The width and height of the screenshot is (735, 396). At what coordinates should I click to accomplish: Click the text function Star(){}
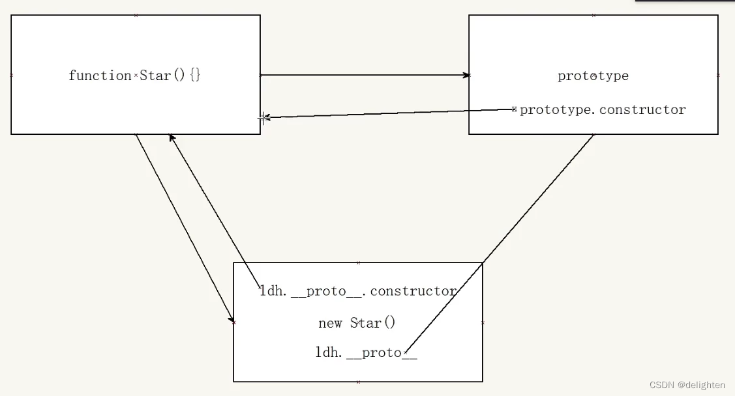click(134, 76)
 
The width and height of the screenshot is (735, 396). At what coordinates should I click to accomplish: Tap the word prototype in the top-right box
click(593, 76)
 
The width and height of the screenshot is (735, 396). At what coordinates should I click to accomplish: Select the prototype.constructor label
click(603, 109)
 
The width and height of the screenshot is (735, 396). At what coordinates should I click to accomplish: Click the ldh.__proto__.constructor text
click(358, 291)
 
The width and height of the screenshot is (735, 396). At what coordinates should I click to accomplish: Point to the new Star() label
click(357, 322)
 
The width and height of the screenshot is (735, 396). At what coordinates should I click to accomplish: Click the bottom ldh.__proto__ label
click(366, 352)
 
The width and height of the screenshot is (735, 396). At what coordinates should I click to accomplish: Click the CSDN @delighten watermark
click(687, 385)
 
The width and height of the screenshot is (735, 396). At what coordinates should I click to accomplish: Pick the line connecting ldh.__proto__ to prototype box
click(499, 244)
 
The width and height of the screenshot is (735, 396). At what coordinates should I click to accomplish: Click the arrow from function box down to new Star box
click(185, 228)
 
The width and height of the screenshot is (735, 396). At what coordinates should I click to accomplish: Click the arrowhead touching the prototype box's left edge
click(466, 75)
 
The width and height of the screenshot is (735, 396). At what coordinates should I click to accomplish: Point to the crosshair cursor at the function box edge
click(263, 118)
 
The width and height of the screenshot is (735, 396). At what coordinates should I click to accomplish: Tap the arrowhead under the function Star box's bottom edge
click(172, 137)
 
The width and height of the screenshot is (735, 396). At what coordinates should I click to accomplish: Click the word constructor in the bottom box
click(413, 291)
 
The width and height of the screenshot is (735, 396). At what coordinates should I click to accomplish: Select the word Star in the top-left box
click(155, 76)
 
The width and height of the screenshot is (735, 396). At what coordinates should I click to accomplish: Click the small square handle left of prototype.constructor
click(515, 109)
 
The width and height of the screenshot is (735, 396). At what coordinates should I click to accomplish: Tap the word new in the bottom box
click(330, 323)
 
